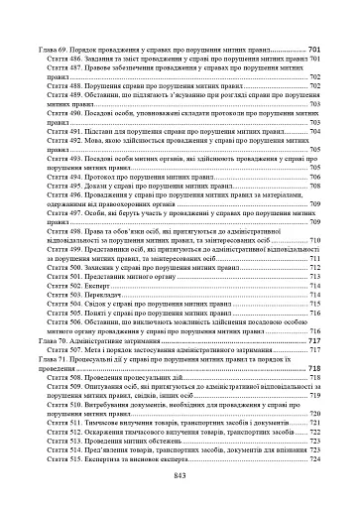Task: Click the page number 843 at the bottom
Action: [x=180, y=475]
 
